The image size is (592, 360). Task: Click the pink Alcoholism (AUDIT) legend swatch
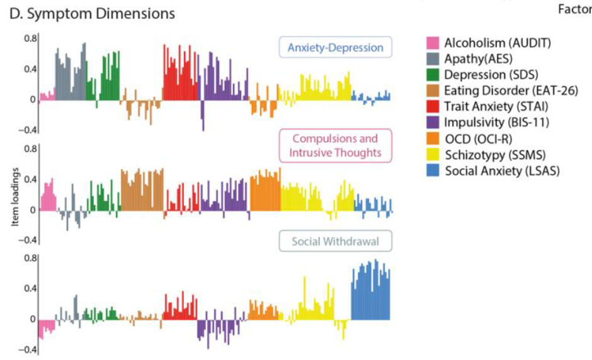433,43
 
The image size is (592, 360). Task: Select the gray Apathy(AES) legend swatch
433,59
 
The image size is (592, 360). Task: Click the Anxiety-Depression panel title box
335,48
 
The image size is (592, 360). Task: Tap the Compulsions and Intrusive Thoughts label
335,145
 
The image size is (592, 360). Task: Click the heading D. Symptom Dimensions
93,13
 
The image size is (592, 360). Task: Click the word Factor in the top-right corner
575,9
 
